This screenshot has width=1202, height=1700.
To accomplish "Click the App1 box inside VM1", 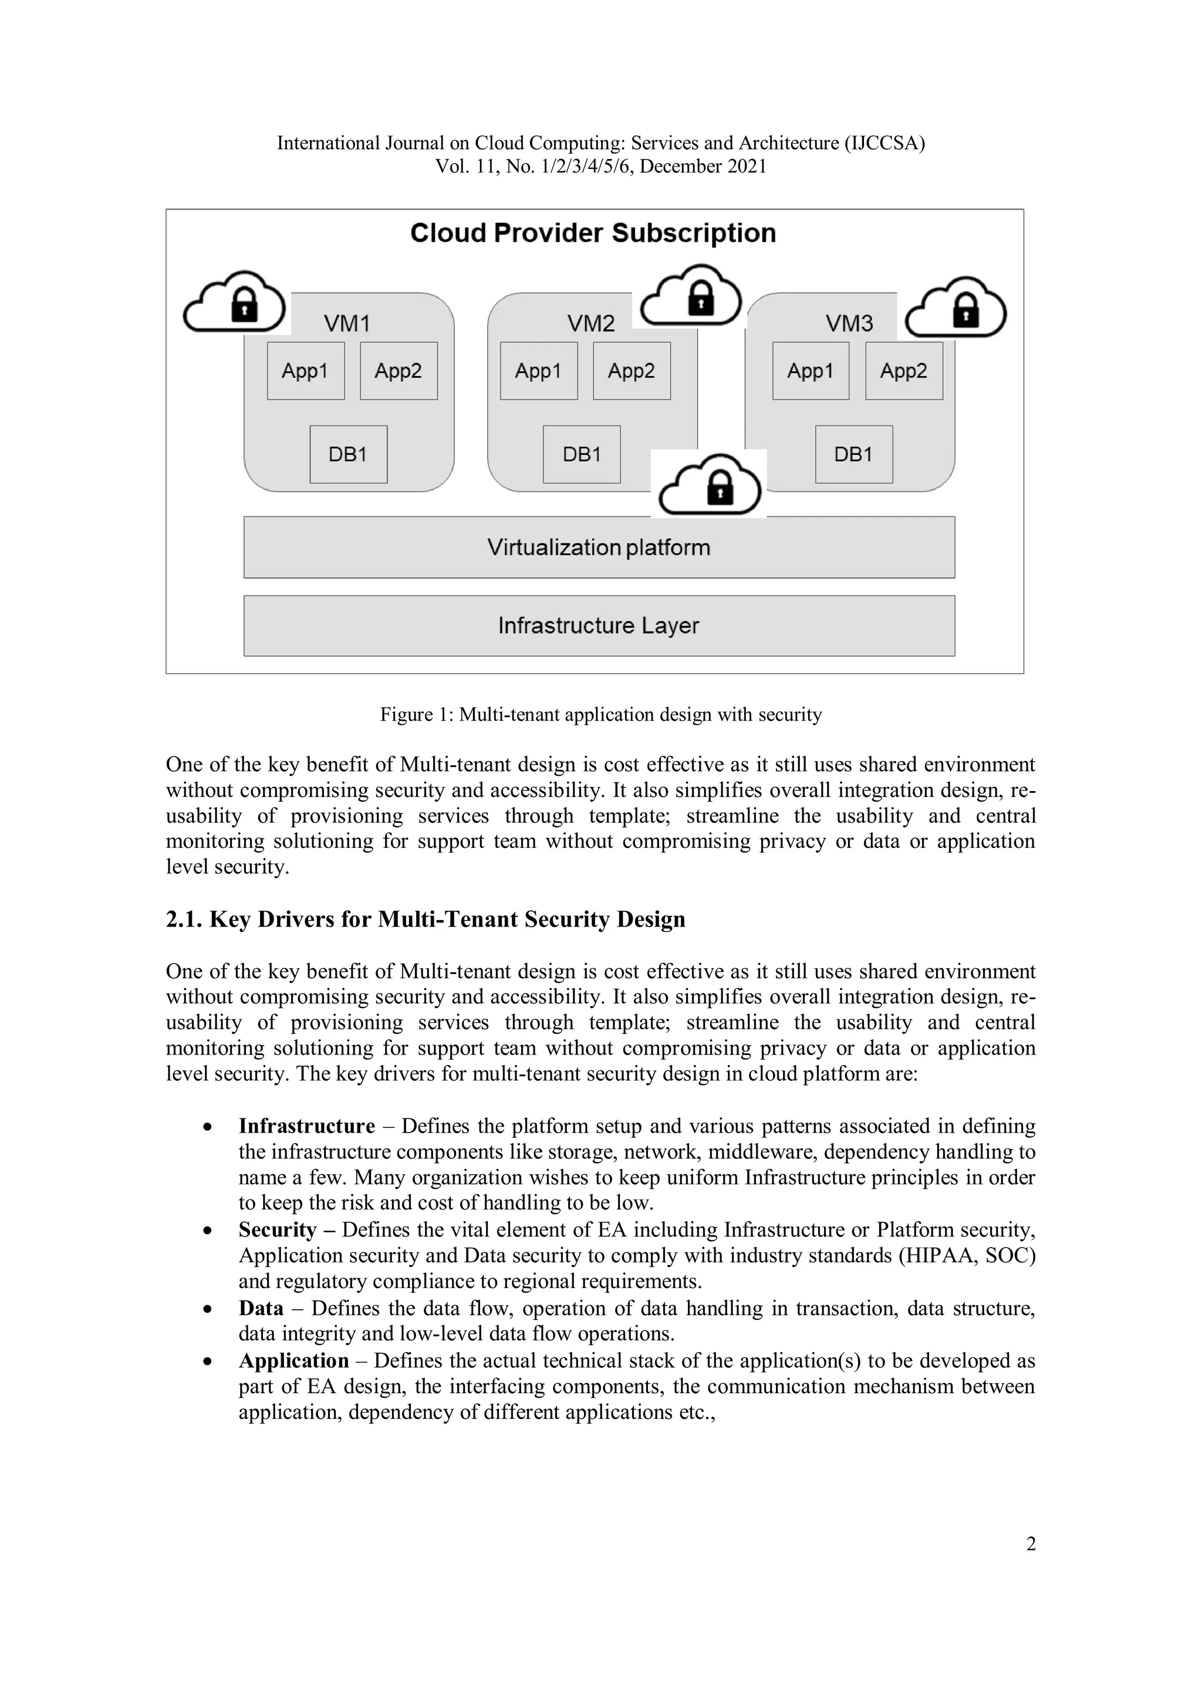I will tap(305, 370).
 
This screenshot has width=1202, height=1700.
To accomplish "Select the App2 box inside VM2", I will tap(631, 370).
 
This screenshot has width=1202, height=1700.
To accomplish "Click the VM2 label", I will tap(591, 323).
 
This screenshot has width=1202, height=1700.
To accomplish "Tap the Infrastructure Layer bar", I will tap(599, 626).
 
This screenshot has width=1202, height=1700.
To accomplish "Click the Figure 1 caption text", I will tap(600, 715).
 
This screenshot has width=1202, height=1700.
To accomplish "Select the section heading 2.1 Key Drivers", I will tap(425, 919).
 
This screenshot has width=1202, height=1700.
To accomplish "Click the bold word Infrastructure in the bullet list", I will tap(306, 1126).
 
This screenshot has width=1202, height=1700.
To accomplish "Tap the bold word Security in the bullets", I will tap(277, 1230).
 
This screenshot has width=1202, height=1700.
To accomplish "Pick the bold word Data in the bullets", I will tap(261, 1309).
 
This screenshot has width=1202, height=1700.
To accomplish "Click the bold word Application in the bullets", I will tap(293, 1360).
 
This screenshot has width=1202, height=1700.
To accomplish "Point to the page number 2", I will tap(1030, 1544).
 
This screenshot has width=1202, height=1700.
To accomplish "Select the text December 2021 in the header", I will tap(703, 167).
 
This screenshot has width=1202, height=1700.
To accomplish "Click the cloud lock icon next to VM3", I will tap(956, 308).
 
